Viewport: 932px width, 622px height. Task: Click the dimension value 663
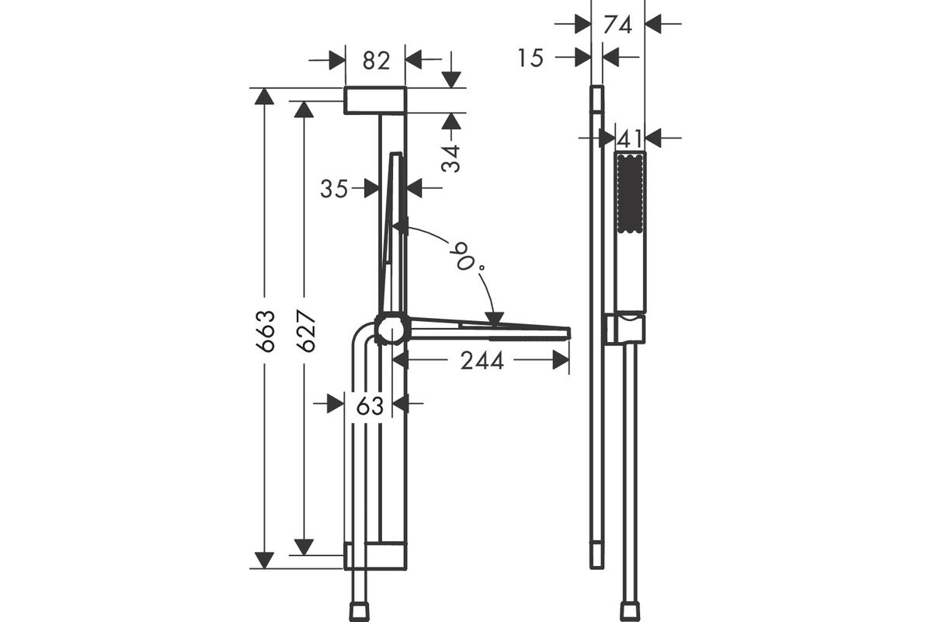tap(266, 331)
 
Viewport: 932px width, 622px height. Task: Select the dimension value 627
tap(306, 331)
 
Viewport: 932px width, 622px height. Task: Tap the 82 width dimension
tap(376, 61)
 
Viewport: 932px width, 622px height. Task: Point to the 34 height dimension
tap(451, 159)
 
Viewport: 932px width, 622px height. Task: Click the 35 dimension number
tap(334, 189)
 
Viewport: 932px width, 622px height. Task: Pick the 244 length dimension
tap(482, 361)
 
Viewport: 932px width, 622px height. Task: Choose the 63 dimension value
tap(370, 405)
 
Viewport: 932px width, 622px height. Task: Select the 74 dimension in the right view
tap(617, 25)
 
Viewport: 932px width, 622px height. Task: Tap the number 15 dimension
tap(530, 58)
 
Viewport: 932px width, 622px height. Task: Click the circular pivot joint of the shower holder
tap(392, 330)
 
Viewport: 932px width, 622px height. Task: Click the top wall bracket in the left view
tap(375, 100)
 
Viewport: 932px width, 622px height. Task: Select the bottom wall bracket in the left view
tap(375, 556)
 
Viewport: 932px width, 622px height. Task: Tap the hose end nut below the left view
tap(359, 612)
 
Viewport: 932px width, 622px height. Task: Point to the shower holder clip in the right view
tap(626, 329)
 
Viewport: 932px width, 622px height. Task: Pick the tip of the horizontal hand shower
tap(569, 334)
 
